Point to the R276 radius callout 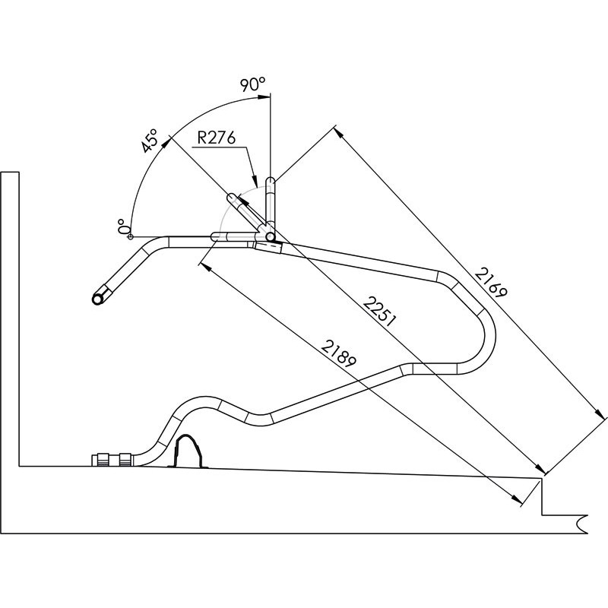tap(216, 138)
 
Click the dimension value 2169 tap(491, 282)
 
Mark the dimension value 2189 tap(339, 353)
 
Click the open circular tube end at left tap(97, 299)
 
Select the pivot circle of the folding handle tap(271, 236)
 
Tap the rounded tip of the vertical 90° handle tap(271, 180)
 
